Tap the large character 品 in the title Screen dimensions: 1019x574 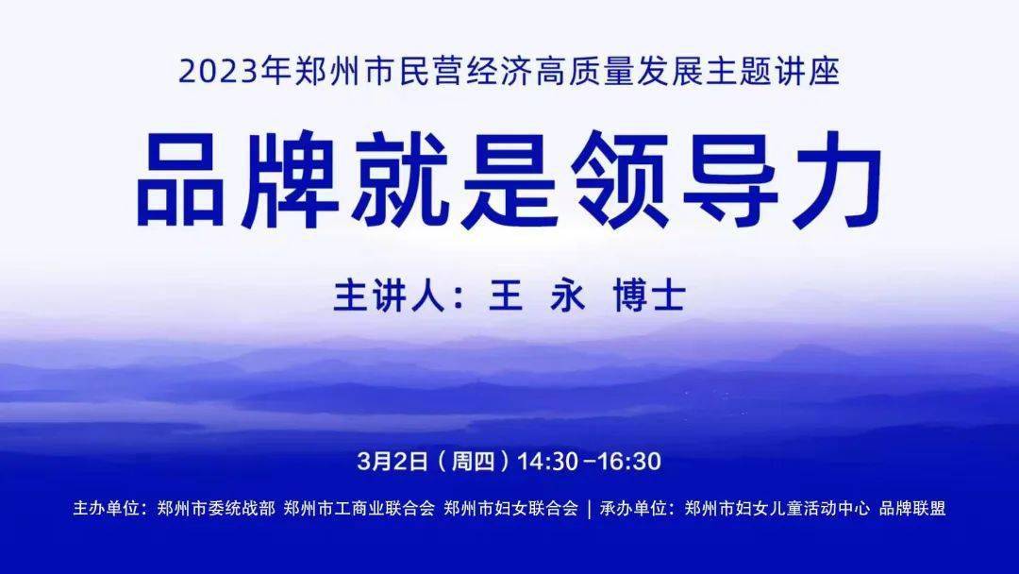point(181,179)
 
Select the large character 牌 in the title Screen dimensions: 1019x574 point(291,179)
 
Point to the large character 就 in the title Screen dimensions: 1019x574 point(400,179)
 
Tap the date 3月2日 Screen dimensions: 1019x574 point(393,461)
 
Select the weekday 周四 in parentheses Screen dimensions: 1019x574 point(473,461)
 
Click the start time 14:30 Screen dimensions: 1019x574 point(548,461)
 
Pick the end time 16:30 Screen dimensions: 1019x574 point(629,461)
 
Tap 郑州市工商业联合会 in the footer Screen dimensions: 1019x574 point(359,508)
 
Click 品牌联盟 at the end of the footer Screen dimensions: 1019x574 point(912,508)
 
